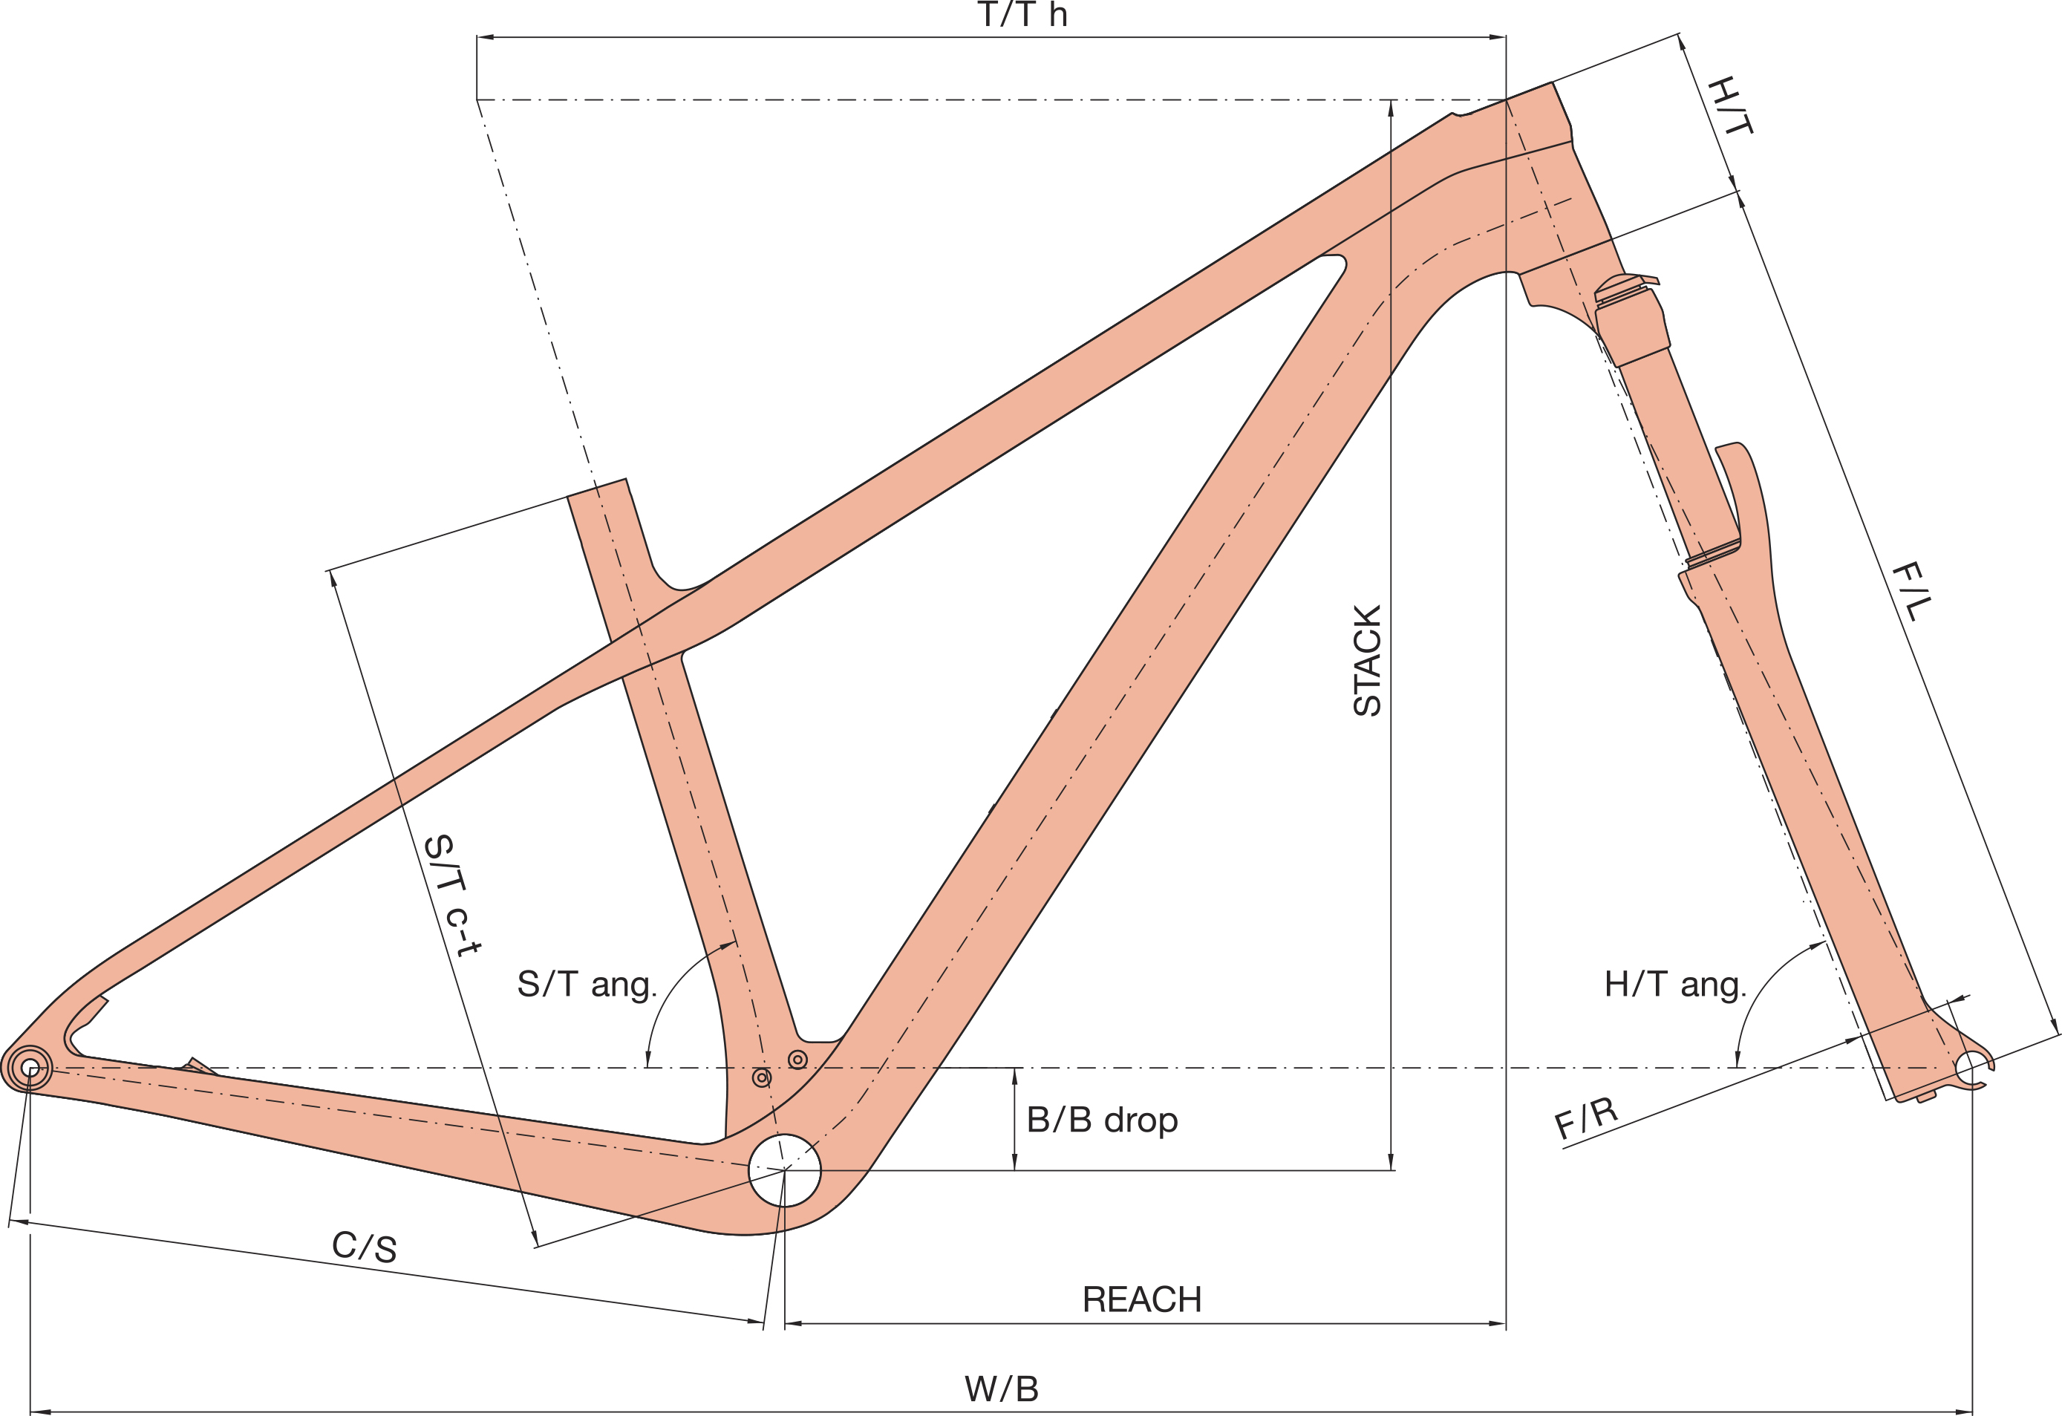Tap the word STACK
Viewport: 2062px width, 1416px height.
coord(1367,660)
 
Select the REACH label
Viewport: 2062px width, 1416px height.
coord(1142,1299)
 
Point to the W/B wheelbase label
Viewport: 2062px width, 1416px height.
coord(1001,1389)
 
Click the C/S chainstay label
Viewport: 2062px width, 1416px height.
coord(364,1247)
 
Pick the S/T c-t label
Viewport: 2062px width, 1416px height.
coord(452,894)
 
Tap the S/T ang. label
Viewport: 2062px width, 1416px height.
coord(587,985)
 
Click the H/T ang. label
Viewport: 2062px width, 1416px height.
coord(1675,985)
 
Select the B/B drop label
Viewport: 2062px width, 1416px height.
coord(1102,1120)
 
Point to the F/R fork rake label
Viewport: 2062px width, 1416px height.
coord(1587,1119)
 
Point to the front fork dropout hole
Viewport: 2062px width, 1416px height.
coord(1971,1067)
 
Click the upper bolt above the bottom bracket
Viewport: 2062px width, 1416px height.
coord(797,1060)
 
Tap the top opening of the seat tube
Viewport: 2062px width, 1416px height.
coord(597,488)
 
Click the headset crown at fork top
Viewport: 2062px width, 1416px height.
coord(1626,286)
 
